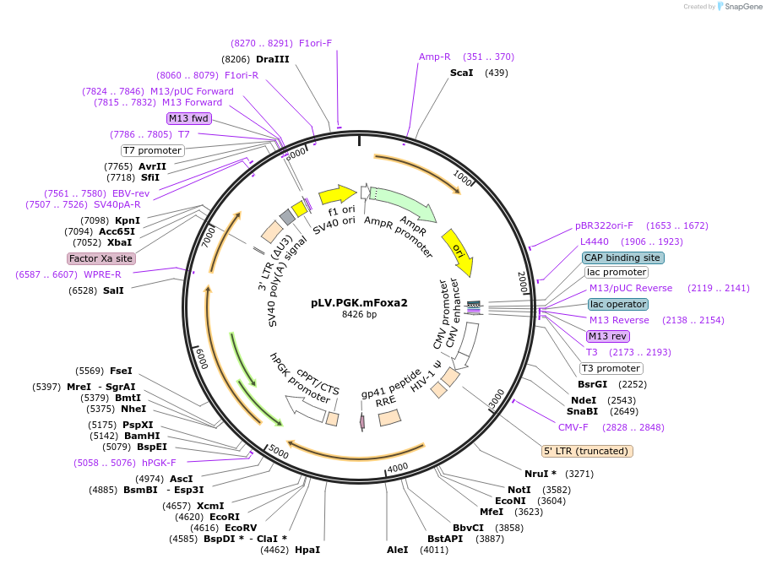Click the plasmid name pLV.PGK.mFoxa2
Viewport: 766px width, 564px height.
(359, 302)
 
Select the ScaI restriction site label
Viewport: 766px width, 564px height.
(461, 73)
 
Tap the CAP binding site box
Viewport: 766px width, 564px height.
(623, 258)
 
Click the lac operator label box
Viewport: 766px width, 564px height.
(618, 304)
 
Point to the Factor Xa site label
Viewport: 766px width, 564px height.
(101, 258)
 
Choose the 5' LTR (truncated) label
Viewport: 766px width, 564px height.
(587, 451)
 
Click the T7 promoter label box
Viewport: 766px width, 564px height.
(152, 150)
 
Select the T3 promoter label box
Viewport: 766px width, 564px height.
(610, 368)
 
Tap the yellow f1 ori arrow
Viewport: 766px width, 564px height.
(337, 195)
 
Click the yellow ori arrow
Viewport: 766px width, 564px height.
(457, 245)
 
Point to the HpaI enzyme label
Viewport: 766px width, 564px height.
(307, 550)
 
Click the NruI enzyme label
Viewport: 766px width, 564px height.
(541, 474)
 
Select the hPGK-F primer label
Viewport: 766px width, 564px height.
(159, 463)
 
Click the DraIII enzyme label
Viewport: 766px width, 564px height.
(272, 59)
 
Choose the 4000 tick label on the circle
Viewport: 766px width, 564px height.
(398, 467)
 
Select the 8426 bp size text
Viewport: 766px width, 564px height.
(359, 315)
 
